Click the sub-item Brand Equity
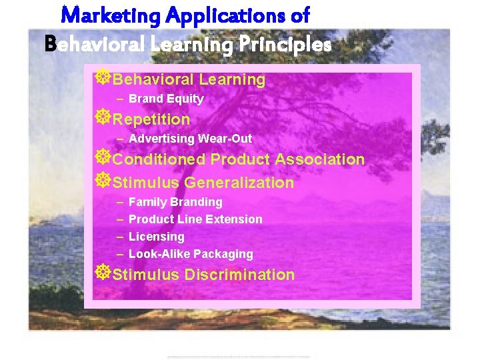pos(166,99)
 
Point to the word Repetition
pos(151,120)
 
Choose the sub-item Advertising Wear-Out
pos(190,139)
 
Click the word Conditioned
pos(159,160)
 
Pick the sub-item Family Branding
pos(175,202)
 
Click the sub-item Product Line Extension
pos(195,219)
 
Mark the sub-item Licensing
pos(156,237)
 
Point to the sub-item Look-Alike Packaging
pos(191,254)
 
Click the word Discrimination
pos(239,275)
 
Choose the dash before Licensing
pos(119,237)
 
